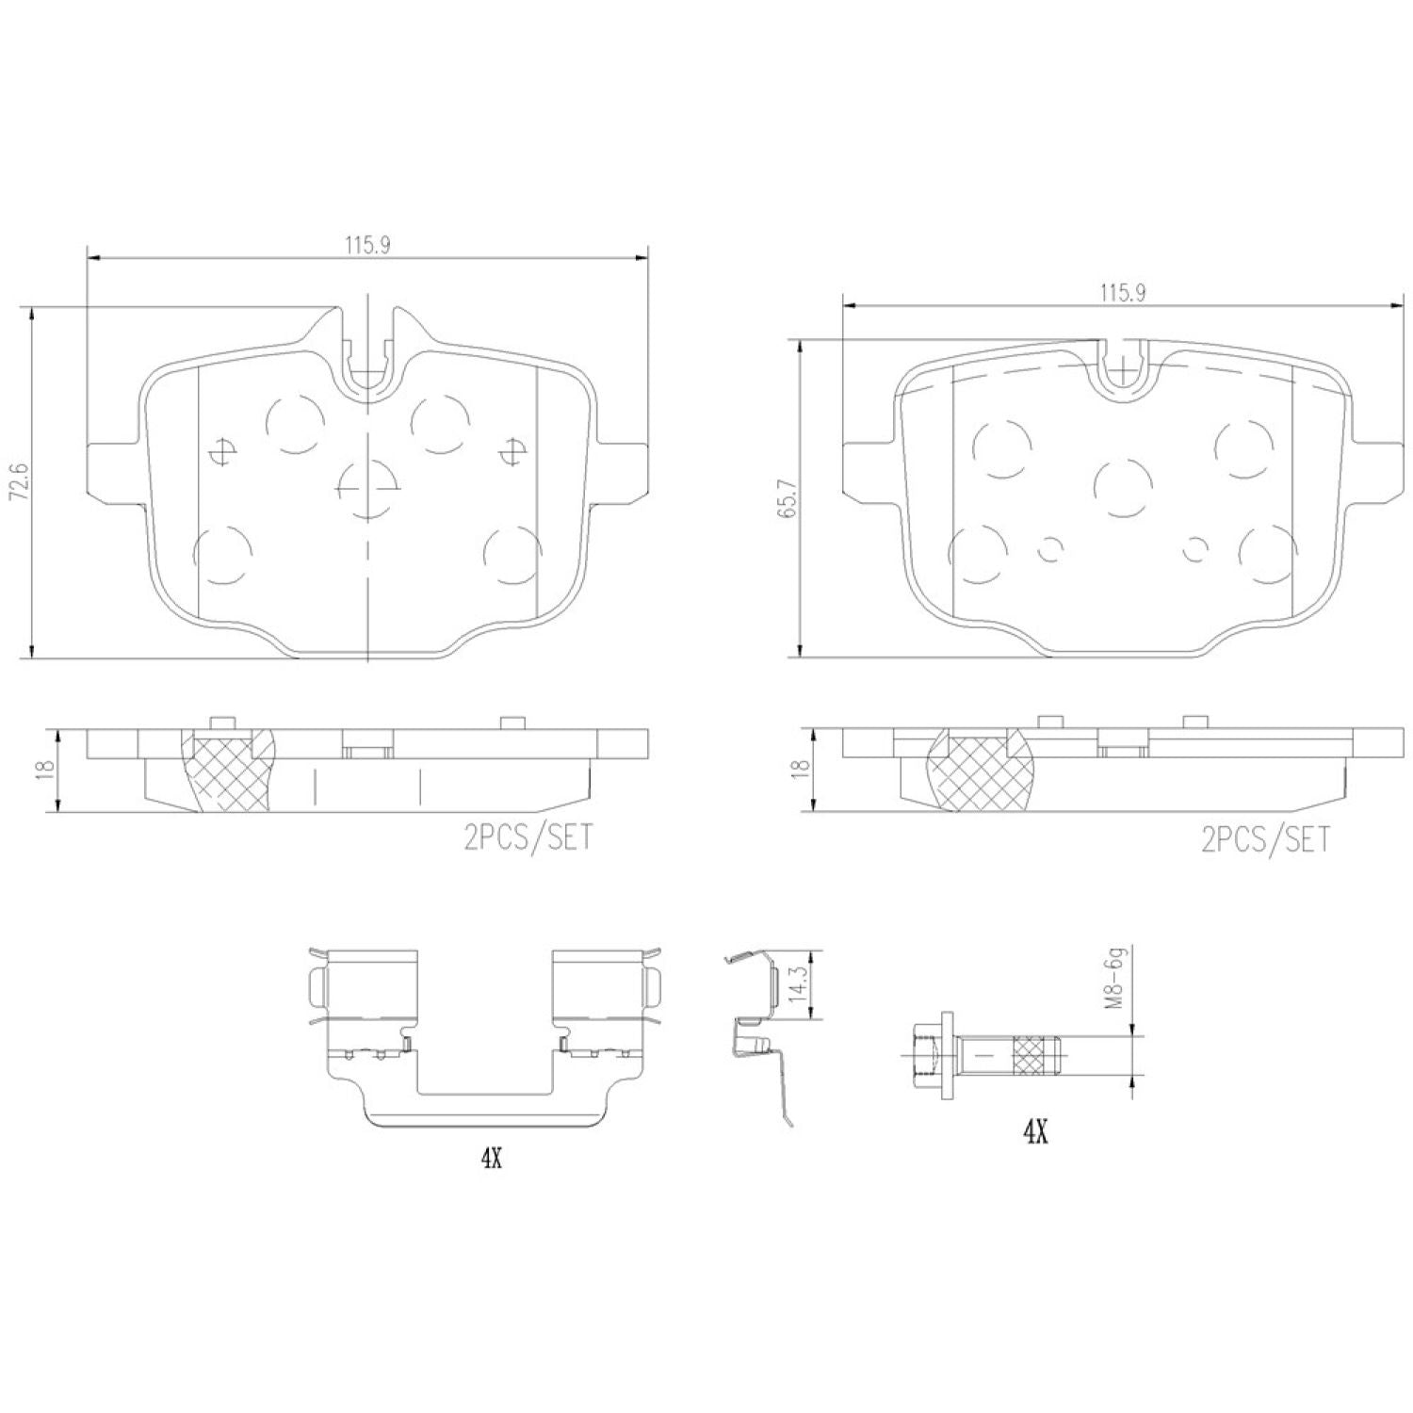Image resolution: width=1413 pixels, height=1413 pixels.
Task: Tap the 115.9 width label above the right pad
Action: click(1121, 293)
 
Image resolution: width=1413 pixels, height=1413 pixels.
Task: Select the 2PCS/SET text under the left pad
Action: click(528, 836)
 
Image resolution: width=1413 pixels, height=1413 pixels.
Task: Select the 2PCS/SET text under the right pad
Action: click(1265, 838)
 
